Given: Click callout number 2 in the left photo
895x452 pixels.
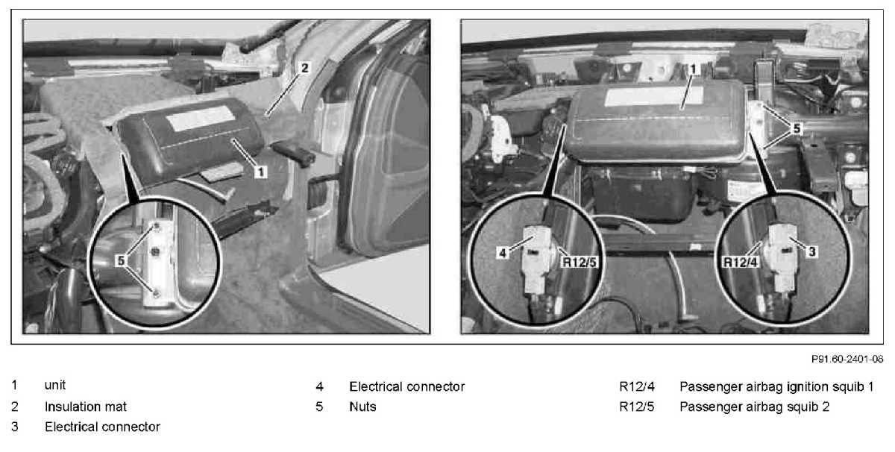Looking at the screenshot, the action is (305, 68).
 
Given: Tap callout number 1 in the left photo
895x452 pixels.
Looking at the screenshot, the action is (261, 172).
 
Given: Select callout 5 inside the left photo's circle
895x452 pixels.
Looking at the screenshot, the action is (120, 260).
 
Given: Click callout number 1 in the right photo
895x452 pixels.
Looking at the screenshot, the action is (693, 69).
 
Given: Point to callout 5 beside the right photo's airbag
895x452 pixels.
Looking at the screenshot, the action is (797, 128).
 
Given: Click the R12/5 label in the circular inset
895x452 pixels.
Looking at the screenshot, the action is (579, 262).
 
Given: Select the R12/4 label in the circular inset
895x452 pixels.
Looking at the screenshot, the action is (741, 262).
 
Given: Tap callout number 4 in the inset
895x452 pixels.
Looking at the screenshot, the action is (503, 253).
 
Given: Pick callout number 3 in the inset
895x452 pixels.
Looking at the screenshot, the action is (811, 252).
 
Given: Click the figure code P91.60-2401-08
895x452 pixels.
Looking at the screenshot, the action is (847, 359).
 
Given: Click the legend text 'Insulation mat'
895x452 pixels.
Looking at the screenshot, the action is (86, 407).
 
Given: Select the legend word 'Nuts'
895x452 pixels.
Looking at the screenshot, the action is (362, 407).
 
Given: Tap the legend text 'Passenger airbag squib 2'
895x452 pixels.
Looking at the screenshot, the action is (754, 407).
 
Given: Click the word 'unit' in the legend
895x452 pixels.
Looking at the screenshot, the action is (55, 386).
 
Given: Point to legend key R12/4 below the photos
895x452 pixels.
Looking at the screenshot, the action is (637, 386).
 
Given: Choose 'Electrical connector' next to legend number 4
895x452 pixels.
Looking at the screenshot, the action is (406, 386).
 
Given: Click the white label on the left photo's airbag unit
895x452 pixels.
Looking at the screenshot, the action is (200, 118).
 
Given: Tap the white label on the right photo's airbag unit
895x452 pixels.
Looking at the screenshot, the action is (653, 96).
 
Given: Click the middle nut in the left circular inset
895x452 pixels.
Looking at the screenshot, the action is (156, 251).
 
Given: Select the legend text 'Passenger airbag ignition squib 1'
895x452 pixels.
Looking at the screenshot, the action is (776, 387).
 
